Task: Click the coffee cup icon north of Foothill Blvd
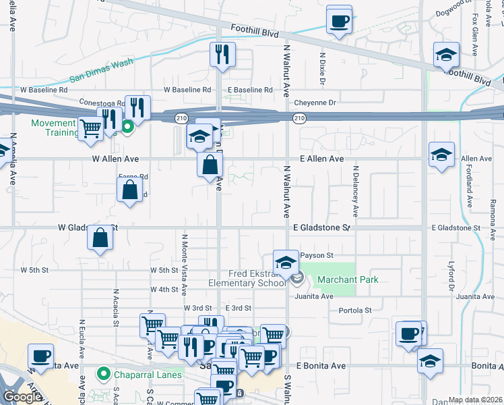coord(338,20)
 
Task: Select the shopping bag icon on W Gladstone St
coord(100,239)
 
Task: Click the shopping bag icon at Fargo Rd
coord(129,191)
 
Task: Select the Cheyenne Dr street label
coord(314,103)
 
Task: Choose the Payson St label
coord(317,255)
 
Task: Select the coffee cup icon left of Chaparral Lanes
coord(40,356)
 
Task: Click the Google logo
coord(22,397)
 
